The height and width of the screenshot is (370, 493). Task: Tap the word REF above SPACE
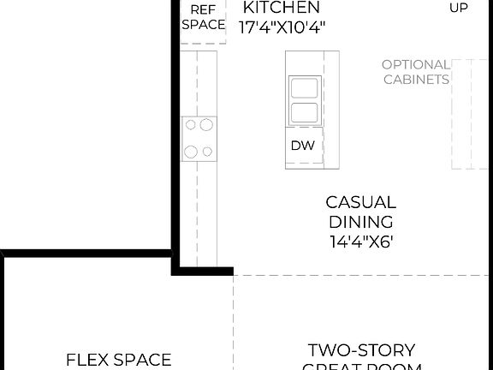(203, 9)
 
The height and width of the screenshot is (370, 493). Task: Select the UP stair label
(460, 9)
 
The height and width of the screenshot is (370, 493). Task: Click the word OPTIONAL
(415, 64)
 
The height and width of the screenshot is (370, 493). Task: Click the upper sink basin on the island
(303, 87)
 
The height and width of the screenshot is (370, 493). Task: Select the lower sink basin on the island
(303, 113)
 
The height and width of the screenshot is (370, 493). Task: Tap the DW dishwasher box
(302, 146)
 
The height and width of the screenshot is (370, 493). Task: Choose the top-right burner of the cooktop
(206, 125)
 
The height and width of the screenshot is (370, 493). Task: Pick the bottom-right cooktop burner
(206, 152)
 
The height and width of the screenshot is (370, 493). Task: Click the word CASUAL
(360, 203)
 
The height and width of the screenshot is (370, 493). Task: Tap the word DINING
(360, 222)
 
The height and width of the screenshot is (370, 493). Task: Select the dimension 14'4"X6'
(360, 241)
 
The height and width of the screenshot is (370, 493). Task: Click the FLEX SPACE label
(119, 360)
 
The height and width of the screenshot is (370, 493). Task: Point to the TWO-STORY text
(361, 350)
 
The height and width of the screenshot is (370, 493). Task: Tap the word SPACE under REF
(203, 25)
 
